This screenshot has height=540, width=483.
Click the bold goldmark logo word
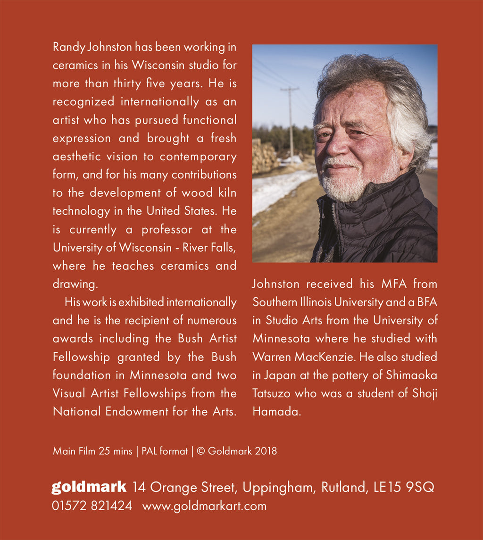pos(89,487)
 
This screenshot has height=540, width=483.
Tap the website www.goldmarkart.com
pos(204,506)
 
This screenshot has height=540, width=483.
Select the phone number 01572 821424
pos(92,506)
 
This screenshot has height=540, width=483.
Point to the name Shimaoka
pos(411,375)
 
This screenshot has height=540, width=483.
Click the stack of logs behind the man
pos(263,156)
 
